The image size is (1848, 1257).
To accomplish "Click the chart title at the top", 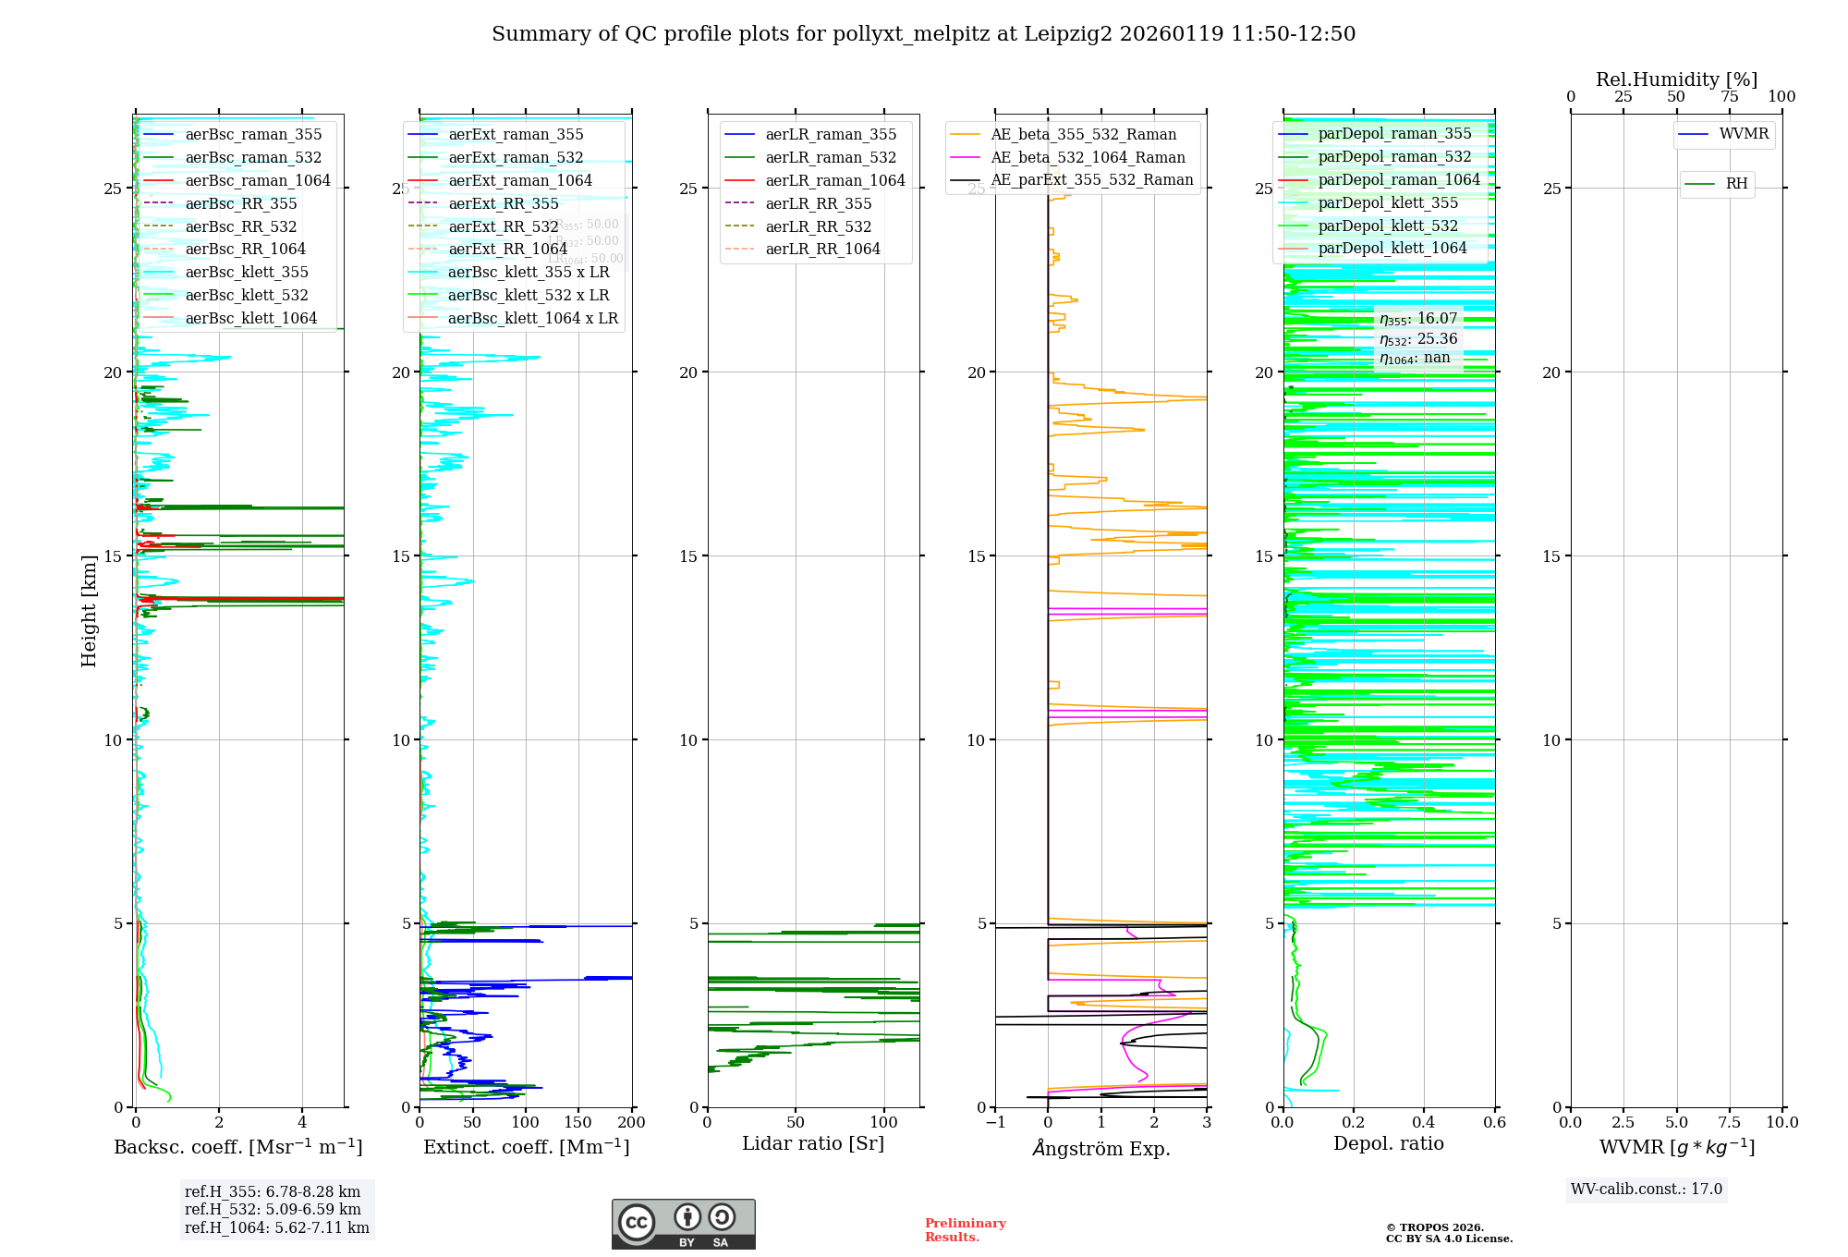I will (923, 34).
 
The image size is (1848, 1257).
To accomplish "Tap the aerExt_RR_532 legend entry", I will (503, 226).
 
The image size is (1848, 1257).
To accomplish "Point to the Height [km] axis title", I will (89, 610).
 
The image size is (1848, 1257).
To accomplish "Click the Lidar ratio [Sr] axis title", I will (813, 1143).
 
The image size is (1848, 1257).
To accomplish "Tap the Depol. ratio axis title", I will (1388, 1143).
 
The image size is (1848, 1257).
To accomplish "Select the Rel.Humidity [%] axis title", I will (1676, 79).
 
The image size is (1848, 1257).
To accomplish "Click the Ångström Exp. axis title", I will (1100, 1148).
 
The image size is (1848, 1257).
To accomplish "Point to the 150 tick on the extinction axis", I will (578, 1123).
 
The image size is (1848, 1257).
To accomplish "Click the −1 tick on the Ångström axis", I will (995, 1123).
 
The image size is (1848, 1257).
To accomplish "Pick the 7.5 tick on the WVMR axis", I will (1730, 1123).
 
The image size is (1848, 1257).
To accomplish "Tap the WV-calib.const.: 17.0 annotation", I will (1647, 1190).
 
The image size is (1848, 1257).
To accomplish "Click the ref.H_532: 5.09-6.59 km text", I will (273, 1210).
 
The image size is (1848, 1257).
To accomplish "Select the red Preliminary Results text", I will (965, 1230).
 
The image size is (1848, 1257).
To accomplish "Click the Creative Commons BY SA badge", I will (683, 1224).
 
